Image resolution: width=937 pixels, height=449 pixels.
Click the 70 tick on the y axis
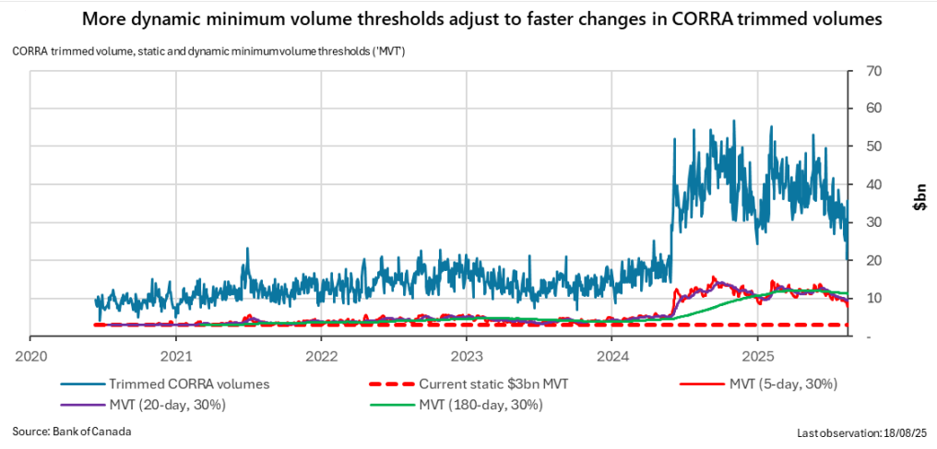pos(869,71)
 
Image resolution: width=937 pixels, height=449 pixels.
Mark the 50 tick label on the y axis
pos(869,147)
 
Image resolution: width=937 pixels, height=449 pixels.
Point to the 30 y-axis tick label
pos(869,222)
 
